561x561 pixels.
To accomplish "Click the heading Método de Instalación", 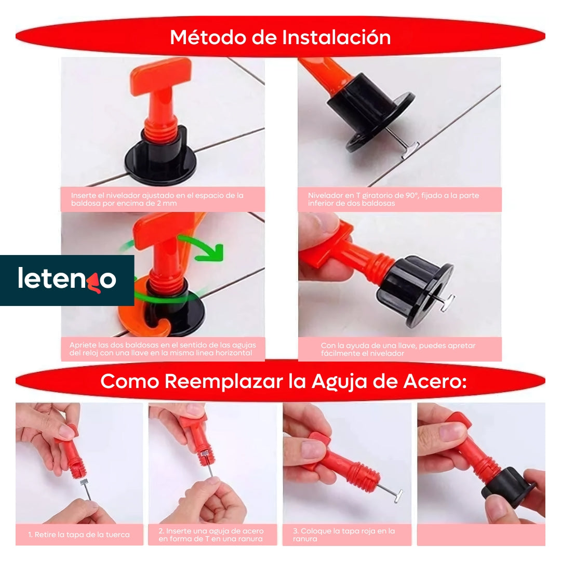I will [280, 37].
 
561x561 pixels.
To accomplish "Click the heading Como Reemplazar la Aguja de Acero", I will [283, 381].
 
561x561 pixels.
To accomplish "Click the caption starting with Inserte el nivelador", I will [157, 199].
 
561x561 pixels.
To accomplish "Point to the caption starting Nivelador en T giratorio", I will [393, 199].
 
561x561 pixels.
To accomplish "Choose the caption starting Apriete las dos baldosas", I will [161, 349].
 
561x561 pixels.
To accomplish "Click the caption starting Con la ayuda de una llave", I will [398, 349].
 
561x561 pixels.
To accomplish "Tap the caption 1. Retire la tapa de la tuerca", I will [79, 535].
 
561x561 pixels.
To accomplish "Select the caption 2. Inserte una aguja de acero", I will [211, 535].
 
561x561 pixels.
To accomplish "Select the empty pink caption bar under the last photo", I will [481, 535].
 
